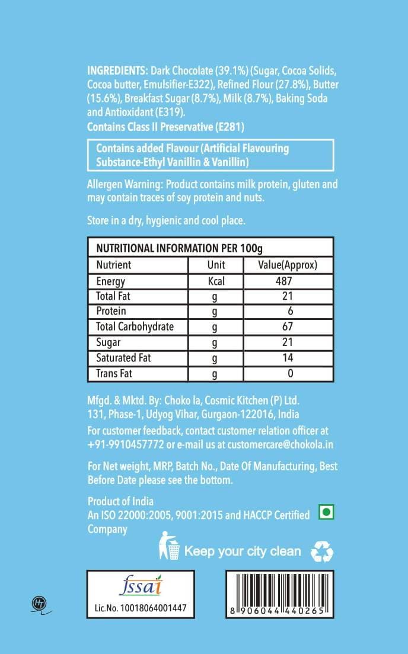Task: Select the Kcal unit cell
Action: click(x=216, y=281)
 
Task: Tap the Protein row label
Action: click(x=111, y=311)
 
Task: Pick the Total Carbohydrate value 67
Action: click(x=288, y=326)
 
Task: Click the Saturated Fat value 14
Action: click(x=288, y=358)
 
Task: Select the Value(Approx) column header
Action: click(x=288, y=265)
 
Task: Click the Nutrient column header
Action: click(x=114, y=265)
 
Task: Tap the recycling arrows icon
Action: click(x=322, y=552)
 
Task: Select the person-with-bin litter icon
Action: click(x=169, y=546)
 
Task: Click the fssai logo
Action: click(x=140, y=587)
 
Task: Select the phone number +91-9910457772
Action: click(x=125, y=445)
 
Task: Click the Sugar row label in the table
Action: click(x=109, y=342)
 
